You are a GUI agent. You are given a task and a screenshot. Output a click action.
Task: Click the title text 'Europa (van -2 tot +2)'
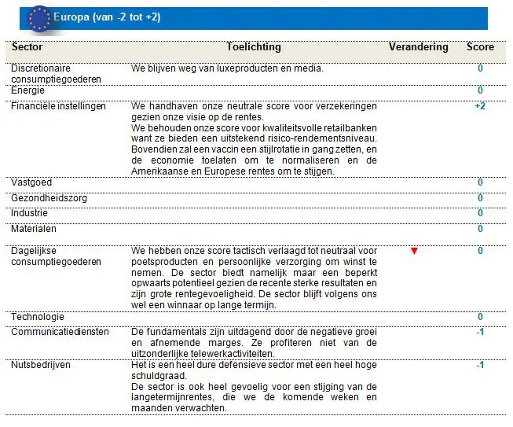click(107, 17)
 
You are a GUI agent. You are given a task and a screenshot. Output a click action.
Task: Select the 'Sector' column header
click(27, 47)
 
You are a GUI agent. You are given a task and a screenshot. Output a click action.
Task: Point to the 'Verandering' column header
click(418, 47)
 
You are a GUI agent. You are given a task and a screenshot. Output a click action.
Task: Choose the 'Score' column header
click(480, 47)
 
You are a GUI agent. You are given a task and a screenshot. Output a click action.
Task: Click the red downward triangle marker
click(414, 251)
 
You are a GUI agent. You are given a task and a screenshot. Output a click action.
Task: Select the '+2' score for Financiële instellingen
click(480, 106)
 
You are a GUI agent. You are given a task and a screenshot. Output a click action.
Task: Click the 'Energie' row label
click(27, 90)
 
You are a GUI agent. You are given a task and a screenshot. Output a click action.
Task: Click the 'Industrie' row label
click(29, 213)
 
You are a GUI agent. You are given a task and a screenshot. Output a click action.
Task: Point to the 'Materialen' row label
click(34, 229)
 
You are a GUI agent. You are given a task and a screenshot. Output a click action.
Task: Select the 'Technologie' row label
click(38, 317)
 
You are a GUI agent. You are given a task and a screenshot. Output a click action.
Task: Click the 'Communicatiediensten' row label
click(60, 332)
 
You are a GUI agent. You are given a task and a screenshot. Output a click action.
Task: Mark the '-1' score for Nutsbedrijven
click(480, 365)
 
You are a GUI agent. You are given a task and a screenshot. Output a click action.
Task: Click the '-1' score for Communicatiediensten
click(480, 332)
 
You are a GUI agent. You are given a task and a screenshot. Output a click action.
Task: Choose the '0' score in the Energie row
click(480, 90)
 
